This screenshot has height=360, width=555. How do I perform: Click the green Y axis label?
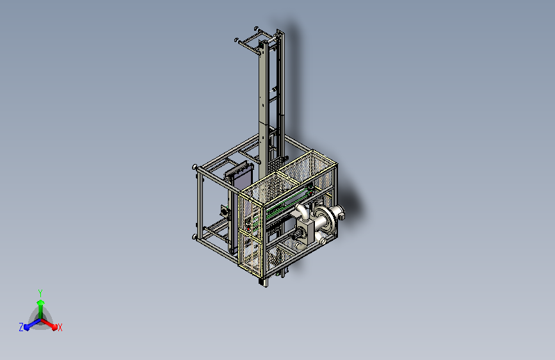point(40,293)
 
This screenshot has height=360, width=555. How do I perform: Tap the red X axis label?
point(60,328)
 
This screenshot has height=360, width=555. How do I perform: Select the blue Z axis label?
point(21,327)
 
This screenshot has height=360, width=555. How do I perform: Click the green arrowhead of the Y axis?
point(41,302)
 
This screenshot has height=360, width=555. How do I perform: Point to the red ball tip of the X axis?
point(54,327)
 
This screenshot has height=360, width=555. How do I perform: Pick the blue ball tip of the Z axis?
point(27,327)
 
